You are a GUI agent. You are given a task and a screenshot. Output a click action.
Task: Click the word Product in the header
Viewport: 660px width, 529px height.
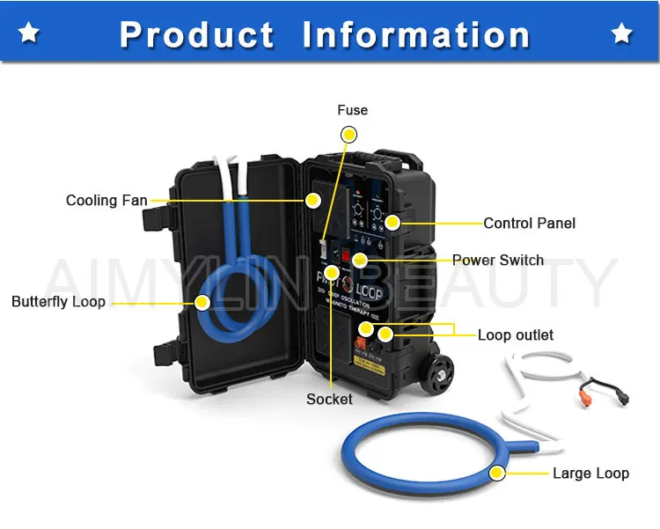click(x=196, y=34)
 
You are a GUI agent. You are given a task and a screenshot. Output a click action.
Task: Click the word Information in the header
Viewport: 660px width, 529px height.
click(x=416, y=34)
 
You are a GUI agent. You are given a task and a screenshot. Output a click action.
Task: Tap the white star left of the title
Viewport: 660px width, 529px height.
click(x=29, y=33)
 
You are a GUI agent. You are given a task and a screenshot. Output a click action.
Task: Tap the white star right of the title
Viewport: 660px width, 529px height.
click(x=622, y=33)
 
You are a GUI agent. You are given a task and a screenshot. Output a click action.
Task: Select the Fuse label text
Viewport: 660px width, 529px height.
click(x=352, y=110)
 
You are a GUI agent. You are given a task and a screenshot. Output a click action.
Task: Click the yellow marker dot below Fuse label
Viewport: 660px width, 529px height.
click(x=349, y=135)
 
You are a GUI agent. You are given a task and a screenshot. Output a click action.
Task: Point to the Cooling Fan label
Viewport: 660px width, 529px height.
click(x=106, y=201)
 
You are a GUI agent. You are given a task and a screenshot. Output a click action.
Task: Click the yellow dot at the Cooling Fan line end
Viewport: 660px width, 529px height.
click(x=312, y=201)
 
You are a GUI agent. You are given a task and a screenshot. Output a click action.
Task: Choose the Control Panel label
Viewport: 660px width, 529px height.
click(x=529, y=223)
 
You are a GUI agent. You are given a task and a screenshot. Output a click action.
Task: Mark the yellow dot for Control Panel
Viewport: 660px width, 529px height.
click(x=392, y=223)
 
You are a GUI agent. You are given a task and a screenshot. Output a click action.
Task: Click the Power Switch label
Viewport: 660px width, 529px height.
click(x=498, y=260)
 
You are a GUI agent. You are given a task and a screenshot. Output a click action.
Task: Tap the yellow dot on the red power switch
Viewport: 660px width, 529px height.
click(x=360, y=260)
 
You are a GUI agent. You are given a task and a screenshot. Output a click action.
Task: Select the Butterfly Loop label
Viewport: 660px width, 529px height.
click(x=58, y=302)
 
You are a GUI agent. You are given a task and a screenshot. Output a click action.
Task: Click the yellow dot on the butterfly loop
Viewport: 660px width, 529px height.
click(x=202, y=302)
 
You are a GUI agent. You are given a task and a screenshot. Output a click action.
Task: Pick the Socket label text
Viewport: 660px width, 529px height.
click(x=329, y=399)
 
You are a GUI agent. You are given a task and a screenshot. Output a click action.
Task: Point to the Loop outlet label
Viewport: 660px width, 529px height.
click(x=516, y=334)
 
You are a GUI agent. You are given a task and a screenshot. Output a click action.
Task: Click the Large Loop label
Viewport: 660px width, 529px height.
click(x=590, y=474)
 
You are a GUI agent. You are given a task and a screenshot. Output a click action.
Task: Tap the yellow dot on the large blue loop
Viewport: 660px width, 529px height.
click(x=497, y=474)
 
